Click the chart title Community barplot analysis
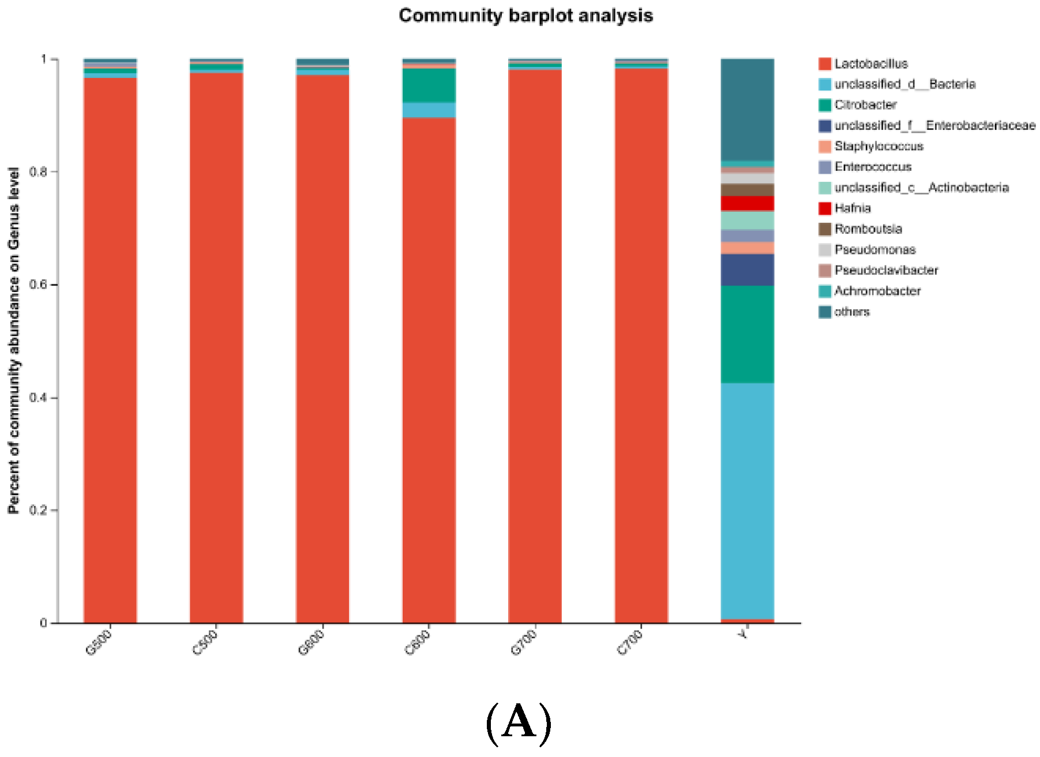pos(525,16)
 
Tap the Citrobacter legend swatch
pos(825,105)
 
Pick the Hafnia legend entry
pos(853,208)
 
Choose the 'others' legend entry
pos(852,312)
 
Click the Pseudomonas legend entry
pos(875,250)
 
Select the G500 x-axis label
pos(99,642)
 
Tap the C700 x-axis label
pos(630,642)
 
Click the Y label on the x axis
pos(744,635)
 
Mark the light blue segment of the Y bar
pos(748,501)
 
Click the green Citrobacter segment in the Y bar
pos(748,335)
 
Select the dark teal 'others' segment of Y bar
pos(748,110)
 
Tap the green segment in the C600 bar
pos(429,85)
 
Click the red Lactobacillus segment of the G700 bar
pos(535,346)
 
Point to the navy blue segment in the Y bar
pos(748,270)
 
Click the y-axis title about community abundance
pos(14,340)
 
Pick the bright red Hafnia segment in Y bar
pos(748,203)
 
